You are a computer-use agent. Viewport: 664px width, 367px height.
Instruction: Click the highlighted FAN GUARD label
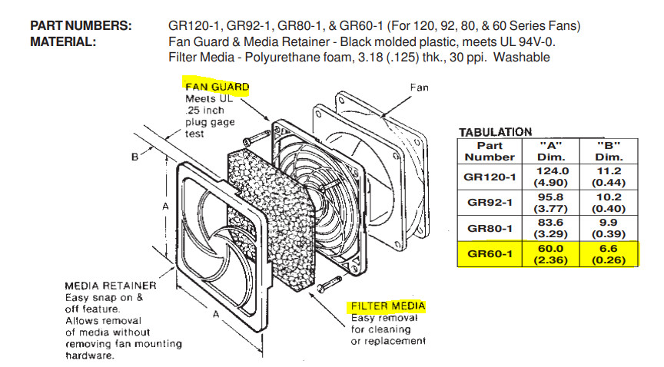tap(217, 87)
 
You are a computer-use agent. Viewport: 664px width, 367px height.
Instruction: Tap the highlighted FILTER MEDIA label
tap(388, 306)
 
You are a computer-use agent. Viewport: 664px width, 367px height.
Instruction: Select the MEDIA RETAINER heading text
tap(111, 286)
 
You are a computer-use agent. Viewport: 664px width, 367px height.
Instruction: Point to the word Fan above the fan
tap(420, 88)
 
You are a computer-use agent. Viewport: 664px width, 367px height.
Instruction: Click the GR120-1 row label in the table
tap(490, 177)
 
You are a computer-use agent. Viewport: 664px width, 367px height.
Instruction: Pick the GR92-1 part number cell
tap(490, 203)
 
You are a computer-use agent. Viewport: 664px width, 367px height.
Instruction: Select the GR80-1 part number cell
tap(490, 229)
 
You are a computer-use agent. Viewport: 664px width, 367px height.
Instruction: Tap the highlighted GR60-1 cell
tap(490, 254)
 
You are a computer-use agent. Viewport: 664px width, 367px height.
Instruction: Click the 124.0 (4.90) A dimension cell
tap(551, 177)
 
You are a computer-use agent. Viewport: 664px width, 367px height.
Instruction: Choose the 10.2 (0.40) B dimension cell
tap(609, 203)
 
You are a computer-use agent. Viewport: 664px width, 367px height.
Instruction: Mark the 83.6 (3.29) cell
tap(551, 229)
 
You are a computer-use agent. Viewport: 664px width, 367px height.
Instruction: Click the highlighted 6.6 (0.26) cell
tap(609, 254)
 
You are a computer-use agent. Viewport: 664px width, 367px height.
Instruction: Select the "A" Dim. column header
tap(551, 151)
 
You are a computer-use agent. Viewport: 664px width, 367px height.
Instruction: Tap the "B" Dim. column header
tap(609, 151)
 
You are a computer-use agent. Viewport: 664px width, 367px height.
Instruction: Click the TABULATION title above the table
tap(496, 132)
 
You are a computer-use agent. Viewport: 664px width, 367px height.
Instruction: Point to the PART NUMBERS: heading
tap(81, 26)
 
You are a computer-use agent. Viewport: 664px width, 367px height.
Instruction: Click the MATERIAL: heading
tap(63, 42)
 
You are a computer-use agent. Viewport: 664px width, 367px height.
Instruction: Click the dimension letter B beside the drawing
tap(134, 157)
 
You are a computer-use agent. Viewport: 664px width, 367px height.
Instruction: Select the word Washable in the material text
tap(522, 58)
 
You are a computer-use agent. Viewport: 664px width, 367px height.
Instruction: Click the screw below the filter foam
tap(329, 283)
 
